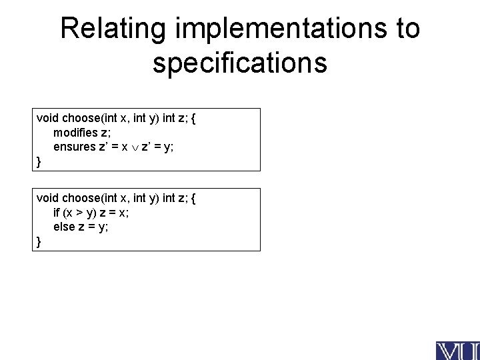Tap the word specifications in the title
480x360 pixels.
coord(240,63)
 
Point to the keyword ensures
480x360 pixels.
coord(74,147)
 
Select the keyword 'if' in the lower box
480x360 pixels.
coord(57,213)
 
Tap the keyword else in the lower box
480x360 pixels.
coord(65,227)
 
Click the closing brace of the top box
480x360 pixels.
coord(39,161)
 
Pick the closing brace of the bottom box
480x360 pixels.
coord(39,241)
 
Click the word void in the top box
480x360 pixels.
coord(47,118)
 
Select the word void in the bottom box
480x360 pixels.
coord(47,198)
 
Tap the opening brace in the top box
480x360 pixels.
coord(193,118)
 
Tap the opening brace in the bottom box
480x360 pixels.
coord(193,198)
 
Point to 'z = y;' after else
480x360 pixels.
coord(94,227)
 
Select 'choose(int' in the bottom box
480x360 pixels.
coord(89,198)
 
